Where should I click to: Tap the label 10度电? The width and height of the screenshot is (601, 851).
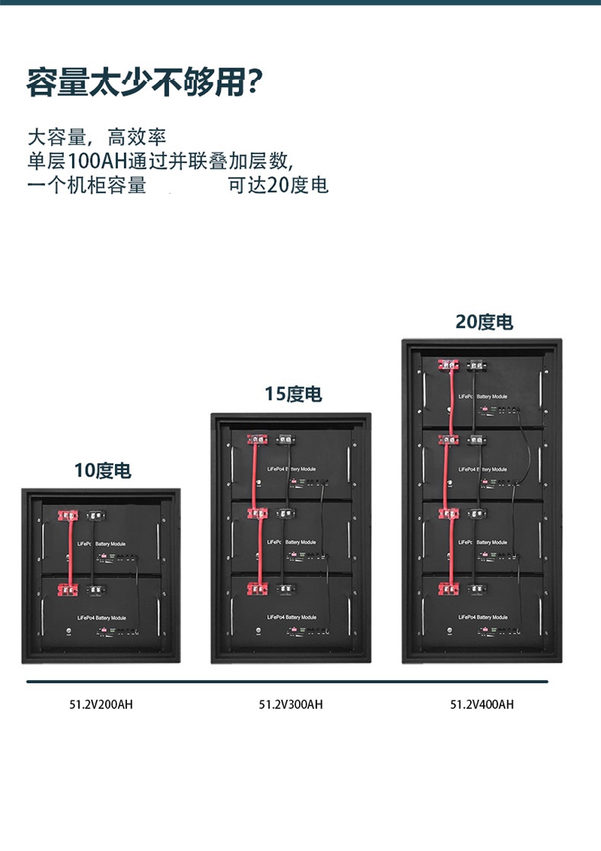(103, 470)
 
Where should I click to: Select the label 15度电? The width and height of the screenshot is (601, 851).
(293, 394)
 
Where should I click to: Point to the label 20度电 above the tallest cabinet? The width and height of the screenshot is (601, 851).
(484, 321)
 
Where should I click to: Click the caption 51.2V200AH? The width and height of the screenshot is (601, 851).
(101, 704)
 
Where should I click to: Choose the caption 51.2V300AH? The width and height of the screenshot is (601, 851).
(291, 704)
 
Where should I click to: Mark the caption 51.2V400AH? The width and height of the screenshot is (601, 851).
(482, 704)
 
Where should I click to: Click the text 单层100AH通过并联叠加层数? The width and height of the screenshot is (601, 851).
(159, 161)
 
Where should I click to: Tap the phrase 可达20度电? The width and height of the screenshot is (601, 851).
(278, 185)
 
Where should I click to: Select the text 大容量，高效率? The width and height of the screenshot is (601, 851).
(96, 138)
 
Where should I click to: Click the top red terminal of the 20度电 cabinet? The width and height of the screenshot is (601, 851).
(446, 365)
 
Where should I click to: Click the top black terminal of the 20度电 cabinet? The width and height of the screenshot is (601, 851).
(477, 365)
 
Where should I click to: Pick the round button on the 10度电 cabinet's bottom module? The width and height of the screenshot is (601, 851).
(70, 632)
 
